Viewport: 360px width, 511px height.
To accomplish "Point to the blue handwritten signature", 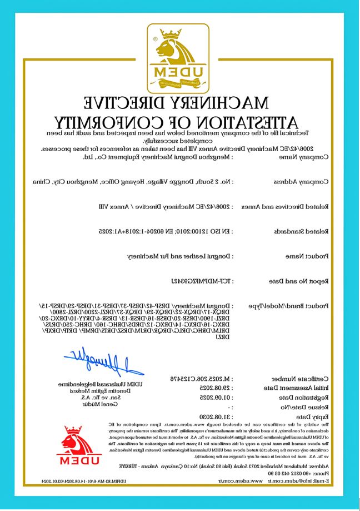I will [x=103, y=363].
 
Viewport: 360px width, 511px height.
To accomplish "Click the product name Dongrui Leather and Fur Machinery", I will [x=179, y=256].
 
